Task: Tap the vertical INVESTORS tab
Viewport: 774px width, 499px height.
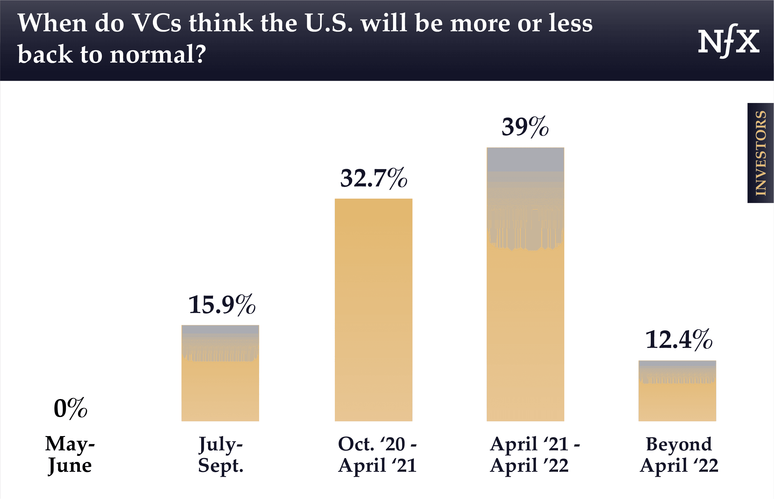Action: pos(760,153)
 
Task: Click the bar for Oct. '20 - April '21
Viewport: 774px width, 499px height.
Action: pos(373,310)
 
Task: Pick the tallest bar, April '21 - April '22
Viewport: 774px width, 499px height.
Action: pos(525,285)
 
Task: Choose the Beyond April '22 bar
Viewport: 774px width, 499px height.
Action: pos(677,391)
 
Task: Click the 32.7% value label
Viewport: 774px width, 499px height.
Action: pos(373,178)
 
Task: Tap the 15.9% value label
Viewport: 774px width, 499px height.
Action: pos(222,305)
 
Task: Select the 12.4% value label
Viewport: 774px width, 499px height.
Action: pos(679,340)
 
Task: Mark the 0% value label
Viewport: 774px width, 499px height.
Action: pos(70,408)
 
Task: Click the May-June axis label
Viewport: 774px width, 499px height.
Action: pos(70,454)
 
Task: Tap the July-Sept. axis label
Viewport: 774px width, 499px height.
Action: pos(221,454)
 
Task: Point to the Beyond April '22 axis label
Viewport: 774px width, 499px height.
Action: pos(679,454)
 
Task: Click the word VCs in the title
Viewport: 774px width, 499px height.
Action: pos(157,23)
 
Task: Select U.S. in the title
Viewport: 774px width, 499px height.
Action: pos(329,23)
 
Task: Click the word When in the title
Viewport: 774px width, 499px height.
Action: pos(52,23)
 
